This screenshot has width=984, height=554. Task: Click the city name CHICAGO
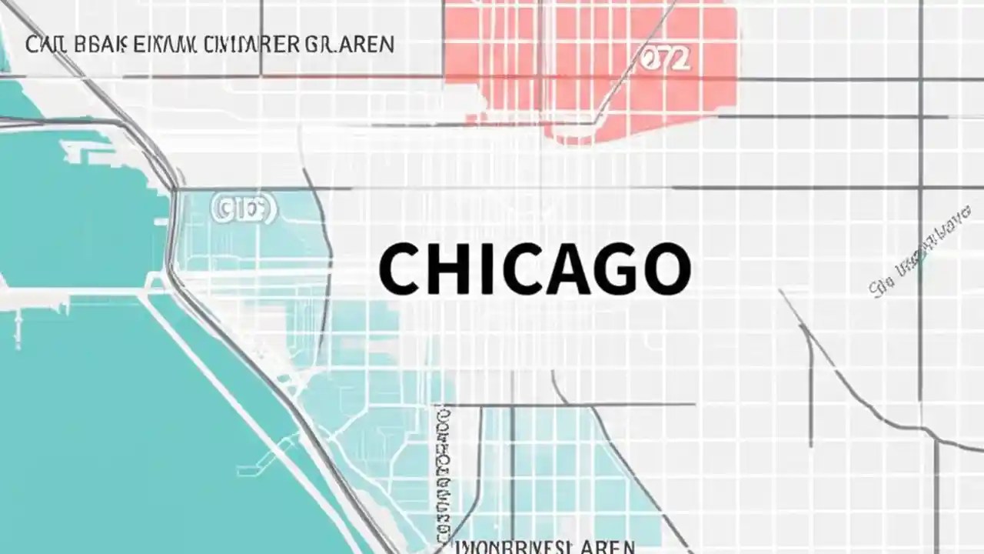534,269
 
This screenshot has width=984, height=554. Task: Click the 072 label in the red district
664,60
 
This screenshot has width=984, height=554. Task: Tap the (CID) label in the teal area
243,210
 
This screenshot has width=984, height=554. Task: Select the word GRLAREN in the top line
350,44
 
